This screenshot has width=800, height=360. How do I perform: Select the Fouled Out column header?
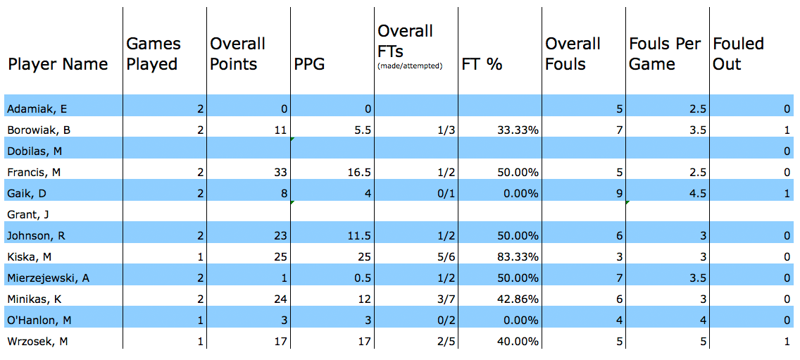(x=738, y=54)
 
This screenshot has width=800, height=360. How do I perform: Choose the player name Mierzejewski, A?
(x=48, y=278)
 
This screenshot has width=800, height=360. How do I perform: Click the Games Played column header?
(x=154, y=54)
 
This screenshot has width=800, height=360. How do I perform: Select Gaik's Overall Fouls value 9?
(x=618, y=193)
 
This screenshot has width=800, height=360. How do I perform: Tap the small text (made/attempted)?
(x=410, y=66)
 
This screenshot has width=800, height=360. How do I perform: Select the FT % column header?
(x=482, y=64)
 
